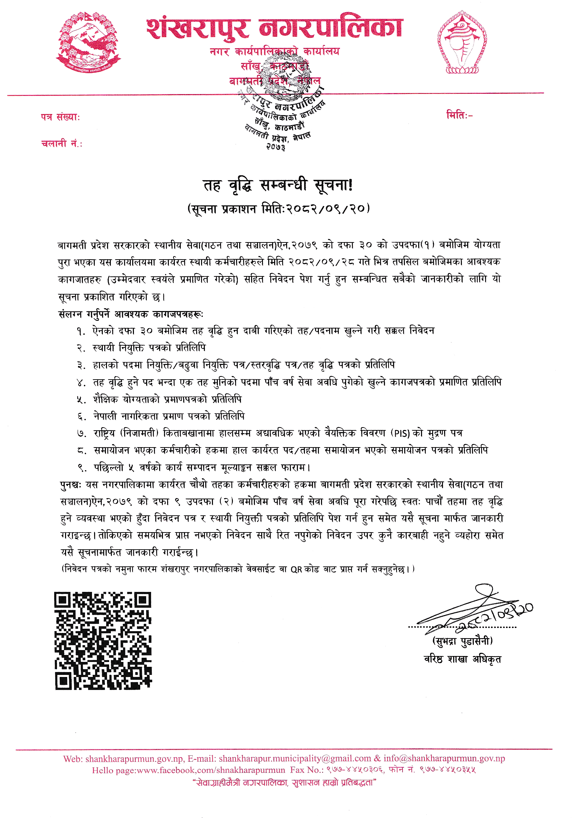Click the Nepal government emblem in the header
88,42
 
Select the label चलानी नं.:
62,143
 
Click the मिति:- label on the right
459,115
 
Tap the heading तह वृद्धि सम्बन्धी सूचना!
278,185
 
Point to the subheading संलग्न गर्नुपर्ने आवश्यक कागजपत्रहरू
131,314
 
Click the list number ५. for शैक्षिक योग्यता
81,400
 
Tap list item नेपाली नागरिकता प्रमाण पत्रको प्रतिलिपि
169,416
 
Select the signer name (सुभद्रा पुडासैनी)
462,641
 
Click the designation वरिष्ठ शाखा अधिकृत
462,659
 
